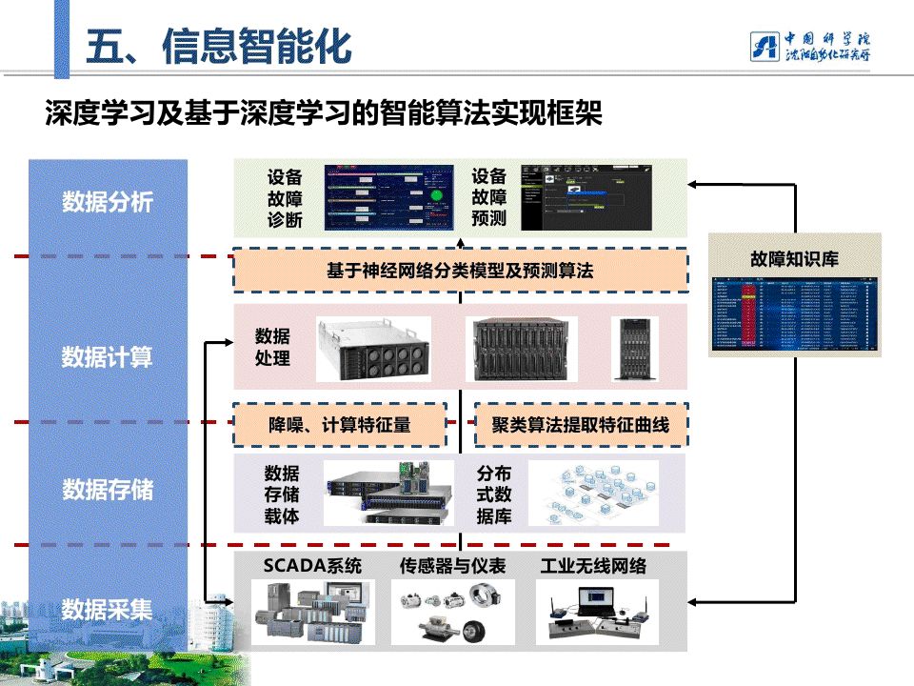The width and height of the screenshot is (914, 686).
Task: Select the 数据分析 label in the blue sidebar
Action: tap(108, 202)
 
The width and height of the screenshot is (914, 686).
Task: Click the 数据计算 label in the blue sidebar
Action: tap(108, 357)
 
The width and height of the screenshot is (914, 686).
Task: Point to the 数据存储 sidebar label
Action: tap(108, 490)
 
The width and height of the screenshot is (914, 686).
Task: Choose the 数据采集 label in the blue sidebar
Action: tap(108, 609)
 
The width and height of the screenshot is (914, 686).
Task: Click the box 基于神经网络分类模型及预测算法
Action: tap(460, 271)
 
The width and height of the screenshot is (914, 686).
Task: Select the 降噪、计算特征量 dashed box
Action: tap(340, 425)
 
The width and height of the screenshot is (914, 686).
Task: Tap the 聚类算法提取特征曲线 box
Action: tap(581, 425)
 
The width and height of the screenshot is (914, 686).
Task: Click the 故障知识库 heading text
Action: tap(794, 258)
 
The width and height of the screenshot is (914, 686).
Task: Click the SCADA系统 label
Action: tap(312, 566)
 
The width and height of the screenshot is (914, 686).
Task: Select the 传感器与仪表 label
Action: tap(452, 566)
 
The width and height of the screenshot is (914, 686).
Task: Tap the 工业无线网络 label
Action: tap(593, 566)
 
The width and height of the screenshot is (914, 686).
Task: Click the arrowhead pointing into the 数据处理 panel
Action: tap(228, 341)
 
